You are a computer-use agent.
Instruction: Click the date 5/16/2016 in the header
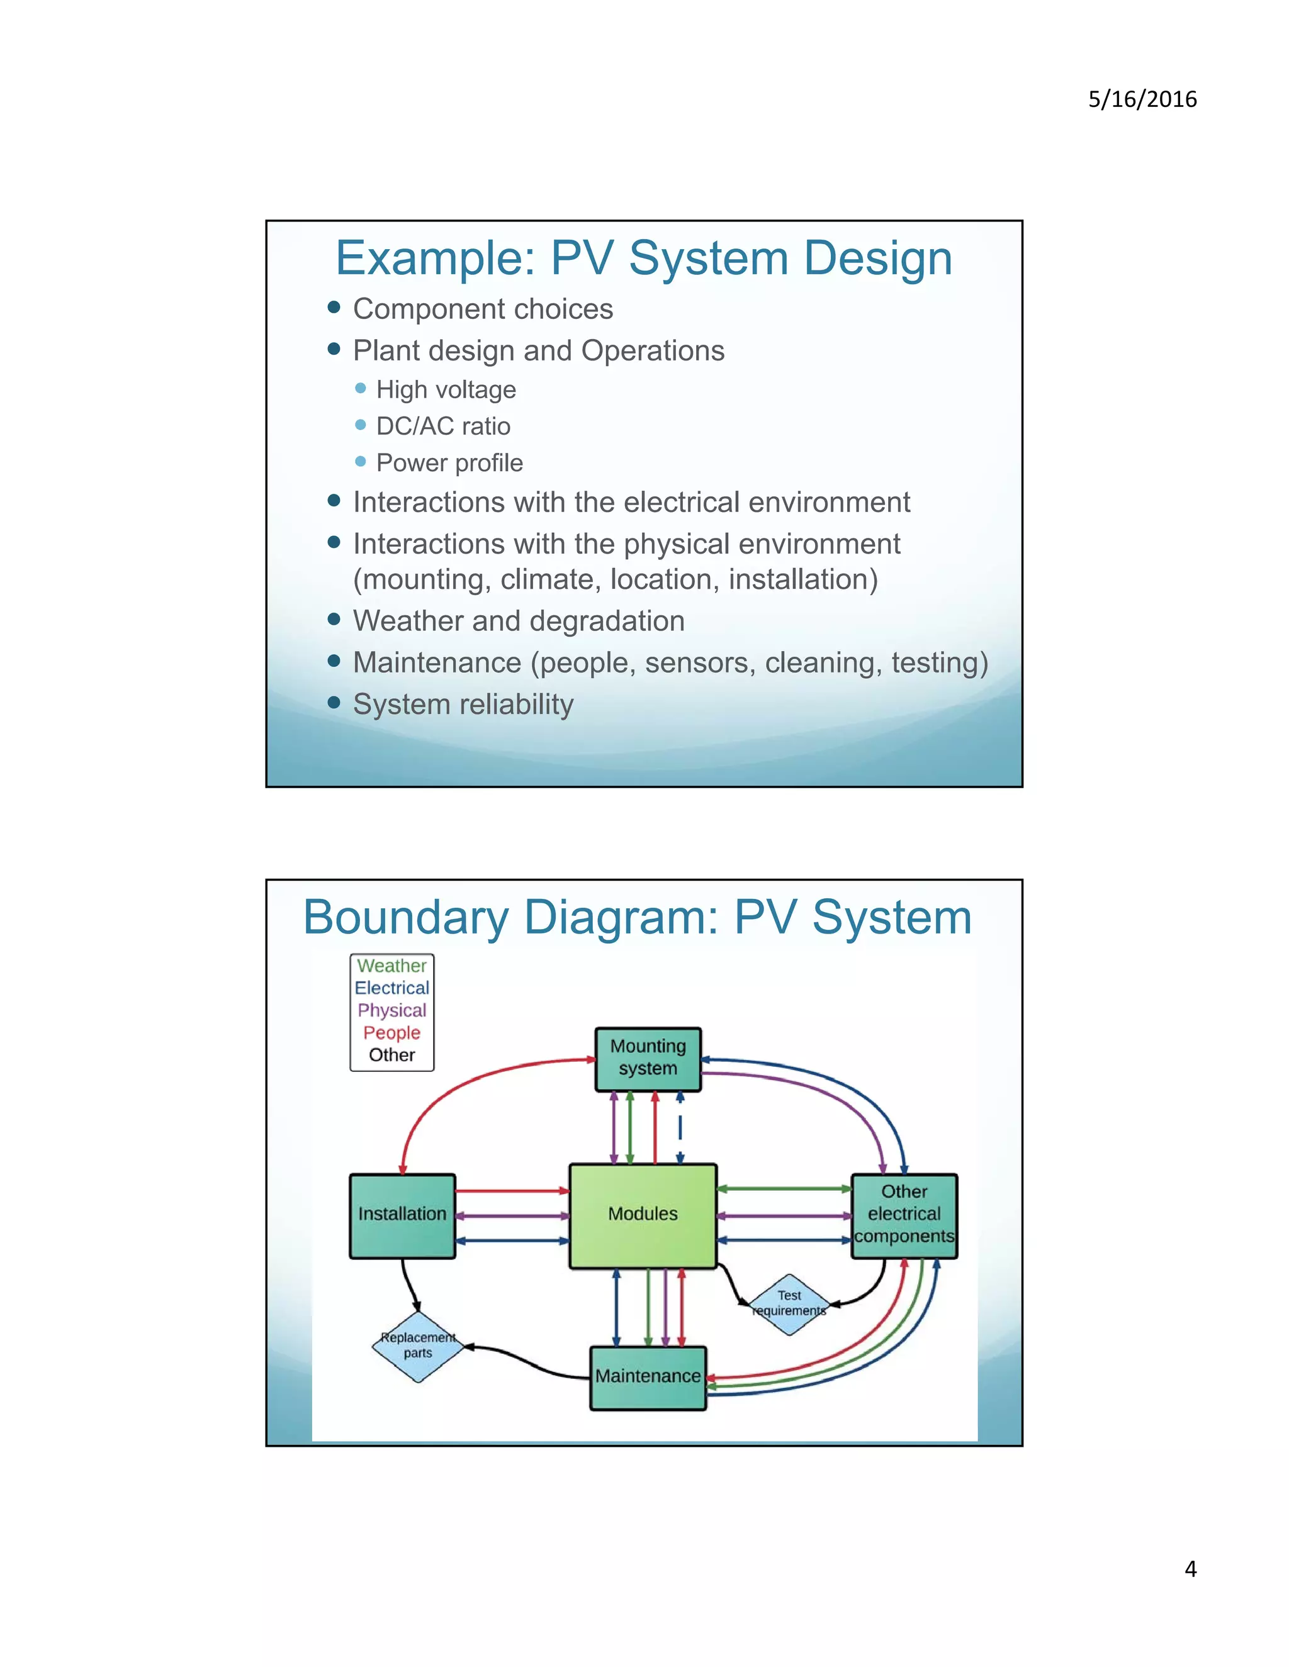1142,99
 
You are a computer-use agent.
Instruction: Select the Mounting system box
648,1058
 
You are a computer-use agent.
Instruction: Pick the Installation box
402,1214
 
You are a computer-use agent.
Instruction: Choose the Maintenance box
648,1377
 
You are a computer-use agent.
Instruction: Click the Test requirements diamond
789,1303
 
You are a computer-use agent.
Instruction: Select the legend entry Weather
391,966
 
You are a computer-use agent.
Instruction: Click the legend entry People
391,1033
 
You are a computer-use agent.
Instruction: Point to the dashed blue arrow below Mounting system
680,1127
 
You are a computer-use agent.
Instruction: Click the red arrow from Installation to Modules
512,1191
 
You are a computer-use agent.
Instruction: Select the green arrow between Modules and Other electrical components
784,1188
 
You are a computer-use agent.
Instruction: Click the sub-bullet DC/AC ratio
443,426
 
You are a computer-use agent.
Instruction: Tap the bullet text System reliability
463,704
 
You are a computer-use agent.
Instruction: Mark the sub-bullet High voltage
446,389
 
